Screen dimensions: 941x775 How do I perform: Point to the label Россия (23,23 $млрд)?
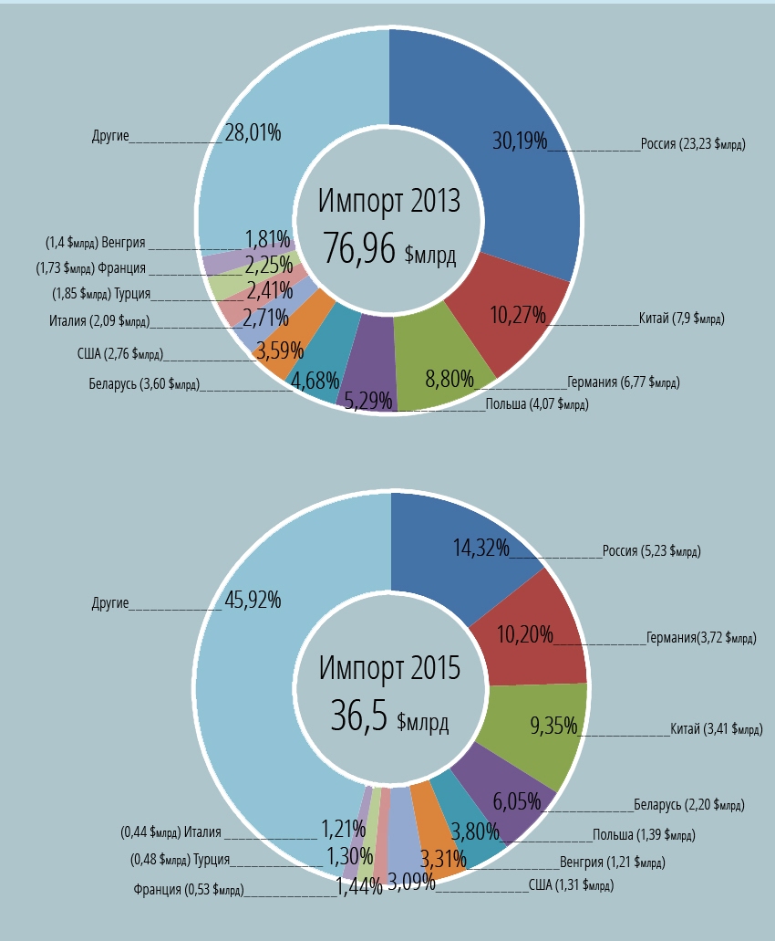pyautogui.click(x=693, y=143)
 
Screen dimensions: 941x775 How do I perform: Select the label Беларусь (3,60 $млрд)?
pyautogui.click(x=144, y=384)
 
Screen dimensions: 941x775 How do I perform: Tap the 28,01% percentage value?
pyautogui.click(x=253, y=133)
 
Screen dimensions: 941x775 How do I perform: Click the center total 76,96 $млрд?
pyautogui.click(x=389, y=247)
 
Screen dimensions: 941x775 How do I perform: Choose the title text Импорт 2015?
pyautogui.click(x=389, y=667)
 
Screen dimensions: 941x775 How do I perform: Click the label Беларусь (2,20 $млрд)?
pyautogui.click(x=688, y=805)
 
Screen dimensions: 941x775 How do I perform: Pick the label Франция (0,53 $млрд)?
pyautogui.click(x=188, y=890)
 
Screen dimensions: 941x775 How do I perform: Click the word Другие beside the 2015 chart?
pyautogui.click(x=110, y=603)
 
